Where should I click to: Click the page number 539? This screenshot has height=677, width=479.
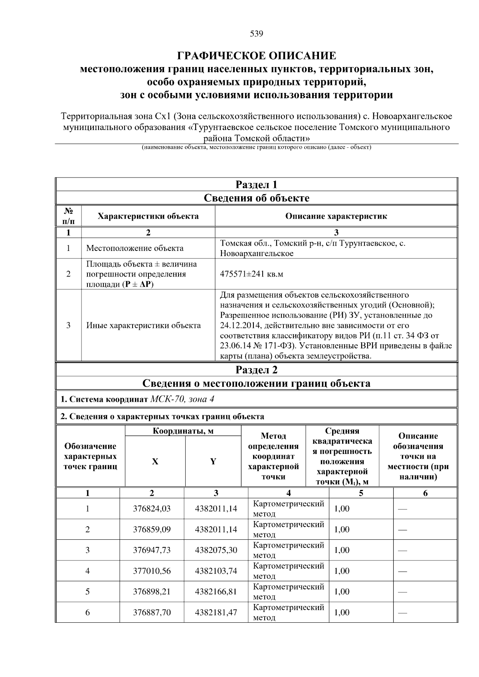(256, 34)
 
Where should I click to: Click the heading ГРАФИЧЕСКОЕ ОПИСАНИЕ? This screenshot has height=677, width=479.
(256, 55)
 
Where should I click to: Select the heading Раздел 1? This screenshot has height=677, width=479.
(256, 185)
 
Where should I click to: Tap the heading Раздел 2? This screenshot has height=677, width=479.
(256, 370)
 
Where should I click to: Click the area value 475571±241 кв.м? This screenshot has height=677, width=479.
(251, 274)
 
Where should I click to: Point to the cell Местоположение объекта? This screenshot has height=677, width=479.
(135, 248)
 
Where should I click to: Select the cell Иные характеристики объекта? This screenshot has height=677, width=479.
(143, 325)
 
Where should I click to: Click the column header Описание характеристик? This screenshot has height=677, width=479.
(336, 216)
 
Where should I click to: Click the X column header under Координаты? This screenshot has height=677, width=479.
(155, 462)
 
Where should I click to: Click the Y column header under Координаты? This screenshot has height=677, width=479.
(213, 462)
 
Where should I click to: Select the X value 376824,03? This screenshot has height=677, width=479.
(152, 509)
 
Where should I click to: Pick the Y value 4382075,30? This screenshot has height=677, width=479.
(216, 550)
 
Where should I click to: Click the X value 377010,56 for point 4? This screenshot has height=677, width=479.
(152, 571)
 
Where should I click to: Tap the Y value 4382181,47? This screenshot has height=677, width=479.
(216, 612)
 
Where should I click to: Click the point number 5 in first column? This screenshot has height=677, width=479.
(87, 592)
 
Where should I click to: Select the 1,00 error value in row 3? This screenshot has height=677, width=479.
(342, 550)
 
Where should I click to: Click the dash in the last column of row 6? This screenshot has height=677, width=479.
(402, 612)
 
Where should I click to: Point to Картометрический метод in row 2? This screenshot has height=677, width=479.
(288, 529)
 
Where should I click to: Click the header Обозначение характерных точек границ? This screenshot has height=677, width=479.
(91, 456)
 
